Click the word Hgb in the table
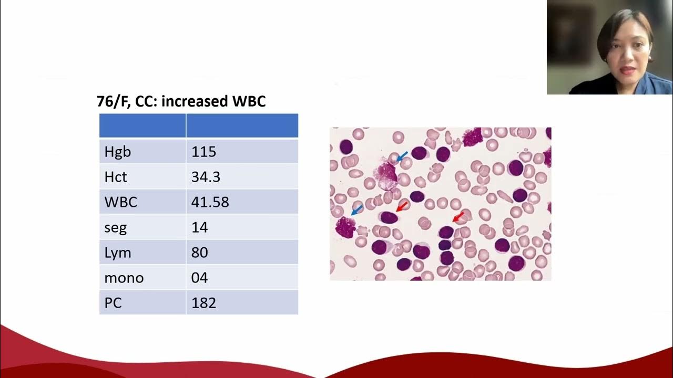117,152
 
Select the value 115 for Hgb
203,152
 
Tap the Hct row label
115,177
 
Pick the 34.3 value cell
206,177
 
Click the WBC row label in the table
120,202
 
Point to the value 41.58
210,202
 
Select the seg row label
115,227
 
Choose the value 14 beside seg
200,227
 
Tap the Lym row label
118,253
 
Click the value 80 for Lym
200,253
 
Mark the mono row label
124,278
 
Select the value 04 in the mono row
200,278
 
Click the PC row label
113,303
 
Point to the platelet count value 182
203,303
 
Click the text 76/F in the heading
113,101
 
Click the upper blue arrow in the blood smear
402,156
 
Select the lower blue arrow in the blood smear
357,210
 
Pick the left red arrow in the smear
402,207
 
